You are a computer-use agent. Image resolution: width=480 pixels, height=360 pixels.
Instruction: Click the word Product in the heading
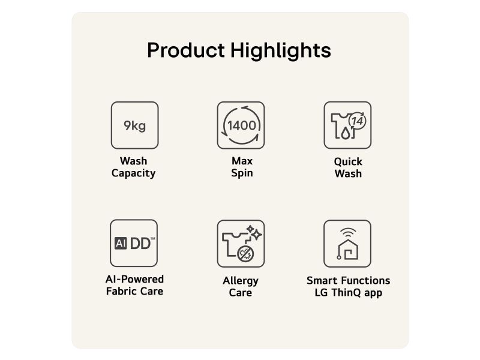186,50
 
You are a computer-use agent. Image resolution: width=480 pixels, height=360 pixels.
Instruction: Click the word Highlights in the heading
281,50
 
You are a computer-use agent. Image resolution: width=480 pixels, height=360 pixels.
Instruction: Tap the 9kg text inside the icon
134,126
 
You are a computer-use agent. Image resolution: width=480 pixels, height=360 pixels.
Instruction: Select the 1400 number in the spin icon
242,125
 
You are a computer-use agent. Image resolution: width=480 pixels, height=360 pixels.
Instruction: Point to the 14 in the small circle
357,121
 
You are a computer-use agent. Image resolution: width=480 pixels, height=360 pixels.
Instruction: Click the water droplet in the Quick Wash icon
346,133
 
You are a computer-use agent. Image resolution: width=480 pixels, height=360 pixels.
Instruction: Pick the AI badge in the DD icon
121,244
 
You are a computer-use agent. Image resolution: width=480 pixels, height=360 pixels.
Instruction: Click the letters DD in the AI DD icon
140,244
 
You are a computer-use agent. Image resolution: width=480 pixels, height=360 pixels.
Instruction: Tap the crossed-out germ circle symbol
245,253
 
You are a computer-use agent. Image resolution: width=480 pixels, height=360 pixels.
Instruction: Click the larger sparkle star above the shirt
256,235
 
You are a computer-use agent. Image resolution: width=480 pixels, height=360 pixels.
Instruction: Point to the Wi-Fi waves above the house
348,233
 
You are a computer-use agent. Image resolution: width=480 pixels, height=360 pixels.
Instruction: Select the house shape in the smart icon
348,250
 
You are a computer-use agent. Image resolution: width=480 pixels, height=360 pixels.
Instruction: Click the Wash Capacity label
133,167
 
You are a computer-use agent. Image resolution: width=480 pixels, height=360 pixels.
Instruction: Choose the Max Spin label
242,167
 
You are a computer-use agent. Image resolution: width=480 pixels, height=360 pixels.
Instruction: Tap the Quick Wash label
348,168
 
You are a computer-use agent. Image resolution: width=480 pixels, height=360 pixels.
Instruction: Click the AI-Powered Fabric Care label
134,285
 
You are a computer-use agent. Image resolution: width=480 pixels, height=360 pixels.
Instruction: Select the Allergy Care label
241,287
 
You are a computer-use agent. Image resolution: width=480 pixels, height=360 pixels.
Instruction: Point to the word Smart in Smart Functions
322,280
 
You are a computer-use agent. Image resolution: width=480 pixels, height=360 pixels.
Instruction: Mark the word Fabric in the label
120,291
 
